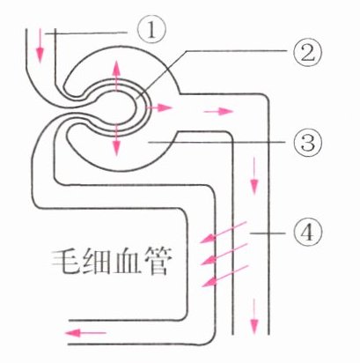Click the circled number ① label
151,32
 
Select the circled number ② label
307,53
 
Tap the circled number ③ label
308,143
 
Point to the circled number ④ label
307,233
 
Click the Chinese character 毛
65,262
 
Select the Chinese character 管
156,262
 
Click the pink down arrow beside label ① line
40,46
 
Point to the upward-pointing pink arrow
116,75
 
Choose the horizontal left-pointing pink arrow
85,333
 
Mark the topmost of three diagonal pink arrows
223,233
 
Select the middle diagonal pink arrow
224,254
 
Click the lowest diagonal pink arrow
225,276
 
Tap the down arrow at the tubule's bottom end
254,316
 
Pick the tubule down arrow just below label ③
254,175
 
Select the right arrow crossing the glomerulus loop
158,107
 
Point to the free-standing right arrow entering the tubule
218,111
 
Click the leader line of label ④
268,233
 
